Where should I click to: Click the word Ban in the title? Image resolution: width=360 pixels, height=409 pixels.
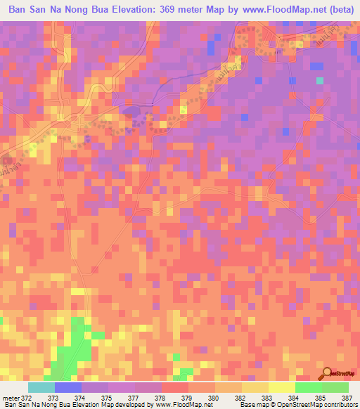pyautogui.click(x=20, y=11)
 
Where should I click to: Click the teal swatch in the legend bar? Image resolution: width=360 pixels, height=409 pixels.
pyautogui.click(x=42, y=387)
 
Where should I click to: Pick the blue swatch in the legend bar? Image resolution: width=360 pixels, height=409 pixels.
pyautogui.click(x=69, y=387)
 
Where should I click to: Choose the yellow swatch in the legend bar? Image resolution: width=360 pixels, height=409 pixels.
pyautogui.click(x=281, y=387)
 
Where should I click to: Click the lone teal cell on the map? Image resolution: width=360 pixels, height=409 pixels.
pyautogui.click(x=320, y=80)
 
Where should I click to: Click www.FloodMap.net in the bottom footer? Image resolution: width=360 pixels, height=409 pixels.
pyautogui.click(x=184, y=405)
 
